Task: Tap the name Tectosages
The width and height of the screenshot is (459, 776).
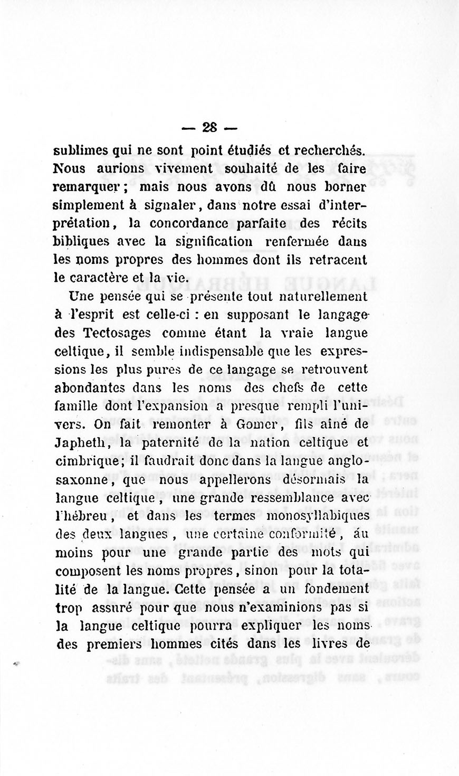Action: [117, 333]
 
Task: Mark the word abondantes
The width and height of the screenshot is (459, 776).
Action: [90, 388]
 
